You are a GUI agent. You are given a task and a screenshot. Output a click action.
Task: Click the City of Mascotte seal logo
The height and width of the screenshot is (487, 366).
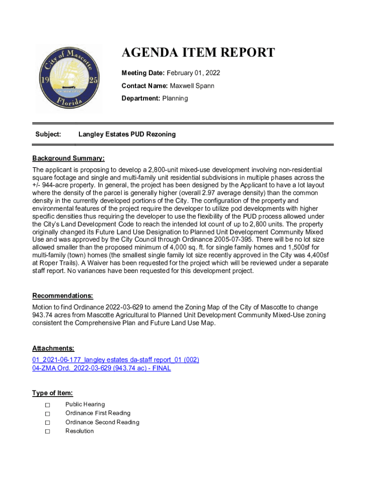pos(70,78)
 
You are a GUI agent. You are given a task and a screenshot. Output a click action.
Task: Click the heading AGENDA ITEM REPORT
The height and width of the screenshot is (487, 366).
pos(198,53)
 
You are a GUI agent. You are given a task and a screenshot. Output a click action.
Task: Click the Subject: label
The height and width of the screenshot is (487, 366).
pos(48,135)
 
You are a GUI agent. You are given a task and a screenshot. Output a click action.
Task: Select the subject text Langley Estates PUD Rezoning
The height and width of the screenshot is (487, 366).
pos(127,135)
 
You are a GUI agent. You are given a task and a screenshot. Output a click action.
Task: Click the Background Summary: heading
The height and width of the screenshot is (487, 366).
pos(68,158)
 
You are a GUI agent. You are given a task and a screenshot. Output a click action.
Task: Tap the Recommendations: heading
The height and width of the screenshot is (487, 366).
pos(62,296)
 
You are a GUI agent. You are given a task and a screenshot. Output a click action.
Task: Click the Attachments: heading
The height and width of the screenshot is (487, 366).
pos(53,348)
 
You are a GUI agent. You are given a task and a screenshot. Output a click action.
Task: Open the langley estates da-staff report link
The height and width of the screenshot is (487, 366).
pos(116,360)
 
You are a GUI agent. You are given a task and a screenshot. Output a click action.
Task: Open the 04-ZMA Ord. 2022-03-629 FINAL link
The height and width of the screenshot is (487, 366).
pos(101,368)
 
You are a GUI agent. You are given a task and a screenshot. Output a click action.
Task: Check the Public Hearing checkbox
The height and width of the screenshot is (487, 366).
pos(48,405)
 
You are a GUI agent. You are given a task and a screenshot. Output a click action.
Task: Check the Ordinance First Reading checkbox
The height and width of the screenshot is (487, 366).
pos(48,414)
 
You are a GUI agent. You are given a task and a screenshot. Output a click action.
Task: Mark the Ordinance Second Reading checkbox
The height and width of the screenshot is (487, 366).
pos(48,423)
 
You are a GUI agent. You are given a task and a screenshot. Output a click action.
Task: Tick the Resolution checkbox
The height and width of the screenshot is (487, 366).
pos(48,431)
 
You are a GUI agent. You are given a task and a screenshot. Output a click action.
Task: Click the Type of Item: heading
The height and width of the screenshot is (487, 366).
pos(52,393)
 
